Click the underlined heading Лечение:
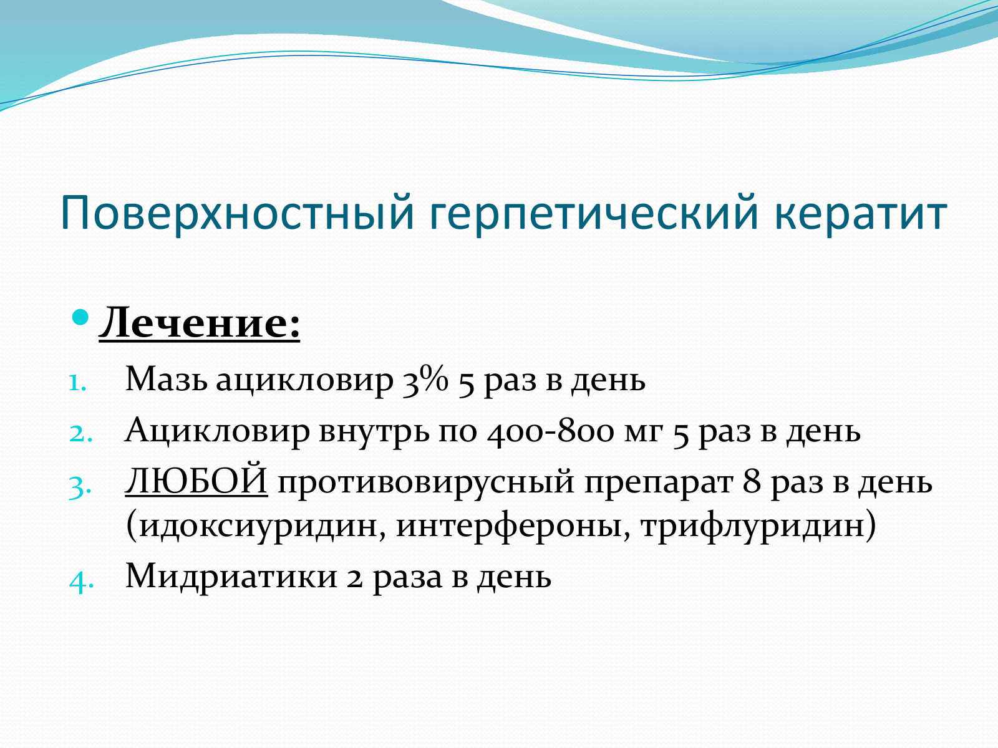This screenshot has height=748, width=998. (x=199, y=323)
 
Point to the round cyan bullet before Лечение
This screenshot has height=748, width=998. (x=80, y=317)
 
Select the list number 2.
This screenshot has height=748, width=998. (x=80, y=433)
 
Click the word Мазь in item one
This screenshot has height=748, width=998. (x=167, y=379)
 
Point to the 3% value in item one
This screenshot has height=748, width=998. (x=425, y=381)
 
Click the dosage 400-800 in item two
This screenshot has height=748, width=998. (x=550, y=431)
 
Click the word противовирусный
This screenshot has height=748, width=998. (x=426, y=483)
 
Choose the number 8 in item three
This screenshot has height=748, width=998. (x=752, y=481)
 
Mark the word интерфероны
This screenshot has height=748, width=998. (x=509, y=527)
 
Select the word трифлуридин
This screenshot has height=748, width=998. (x=752, y=527)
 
